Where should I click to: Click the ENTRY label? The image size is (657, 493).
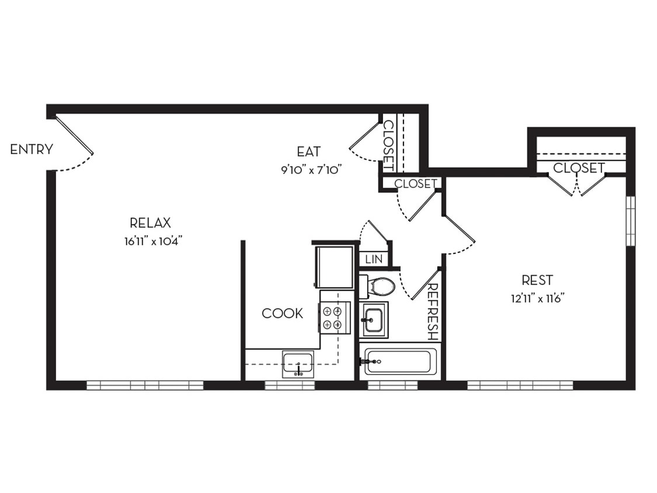pos(32,150)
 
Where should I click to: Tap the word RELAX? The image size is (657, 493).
pos(150,223)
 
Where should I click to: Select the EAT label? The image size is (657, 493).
pos(308,152)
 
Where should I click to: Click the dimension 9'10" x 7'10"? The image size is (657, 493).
pos(310,170)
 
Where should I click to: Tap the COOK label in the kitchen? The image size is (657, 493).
pos(282,314)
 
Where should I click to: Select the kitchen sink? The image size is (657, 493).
pos(298,364)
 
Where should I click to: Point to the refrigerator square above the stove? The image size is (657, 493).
pos(334,267)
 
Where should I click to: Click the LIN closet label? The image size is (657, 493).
pos(373,259)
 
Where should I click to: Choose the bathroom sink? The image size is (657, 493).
pos(373,320)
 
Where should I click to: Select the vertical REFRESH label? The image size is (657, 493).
pos(433,312)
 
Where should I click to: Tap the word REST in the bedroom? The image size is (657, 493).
pos(537,280)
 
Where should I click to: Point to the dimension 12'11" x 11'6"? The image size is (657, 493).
pos(537,298)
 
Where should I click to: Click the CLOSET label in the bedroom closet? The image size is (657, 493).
pos(578,168)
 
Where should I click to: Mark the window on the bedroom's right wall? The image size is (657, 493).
pos(630,221)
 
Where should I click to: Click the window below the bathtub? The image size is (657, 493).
pos(392,386)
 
